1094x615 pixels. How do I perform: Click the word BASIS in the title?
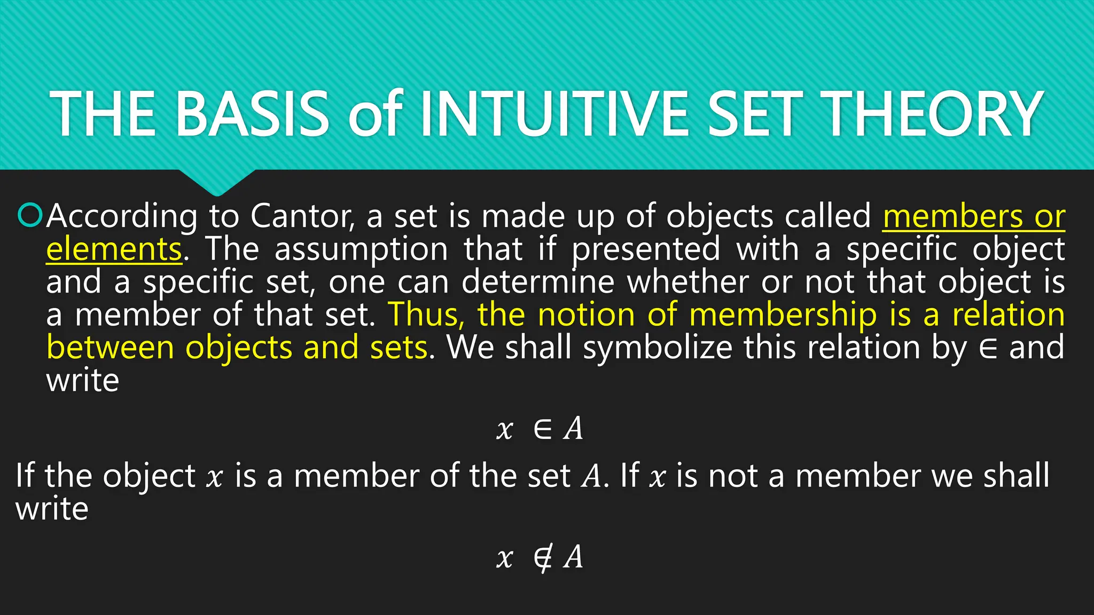click(252, 114)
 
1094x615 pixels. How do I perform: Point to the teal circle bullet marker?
click(29, 216)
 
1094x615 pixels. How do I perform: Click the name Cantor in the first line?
click(302, 217)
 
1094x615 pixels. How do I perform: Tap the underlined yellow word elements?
click(114, 250)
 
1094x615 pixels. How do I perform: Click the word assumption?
click(361, 250)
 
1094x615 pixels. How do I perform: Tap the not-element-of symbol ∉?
click(543, 558)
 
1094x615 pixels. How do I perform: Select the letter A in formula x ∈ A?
click(574, 428)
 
